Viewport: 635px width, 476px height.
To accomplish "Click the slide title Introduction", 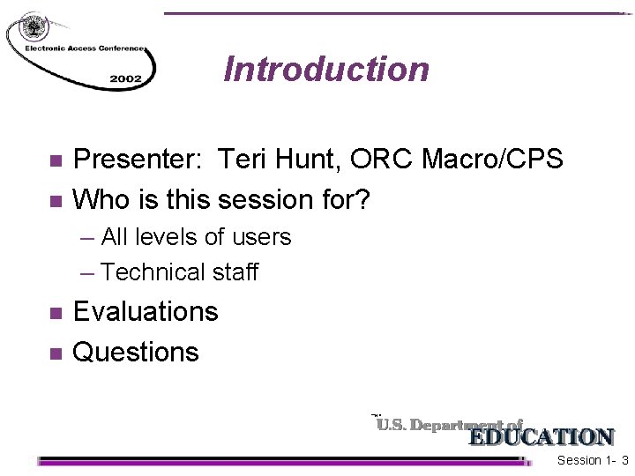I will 326,69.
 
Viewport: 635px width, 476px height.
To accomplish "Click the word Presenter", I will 135,160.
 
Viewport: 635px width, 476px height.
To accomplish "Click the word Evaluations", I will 146,312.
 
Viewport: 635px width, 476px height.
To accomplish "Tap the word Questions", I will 136,353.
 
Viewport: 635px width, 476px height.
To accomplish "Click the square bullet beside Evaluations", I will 55,313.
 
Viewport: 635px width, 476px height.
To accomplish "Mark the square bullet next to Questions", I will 55,353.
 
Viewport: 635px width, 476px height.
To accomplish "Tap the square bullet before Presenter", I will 55,160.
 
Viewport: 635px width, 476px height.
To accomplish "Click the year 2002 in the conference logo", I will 125,78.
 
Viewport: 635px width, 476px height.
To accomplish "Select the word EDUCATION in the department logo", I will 541,437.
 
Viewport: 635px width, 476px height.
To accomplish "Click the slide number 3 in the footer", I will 624,461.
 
